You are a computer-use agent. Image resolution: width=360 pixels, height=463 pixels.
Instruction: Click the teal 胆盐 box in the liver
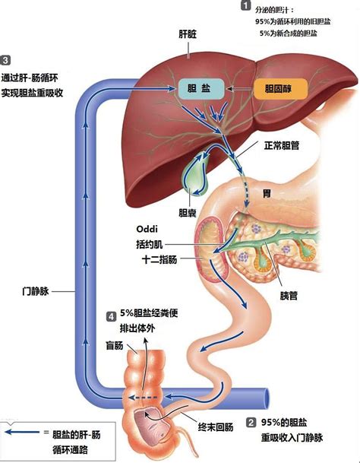tap(201, 89)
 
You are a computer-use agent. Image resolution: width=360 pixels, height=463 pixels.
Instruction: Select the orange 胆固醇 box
tap(280, 89)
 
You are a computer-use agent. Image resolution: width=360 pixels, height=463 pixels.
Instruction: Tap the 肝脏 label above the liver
tap(188, 34)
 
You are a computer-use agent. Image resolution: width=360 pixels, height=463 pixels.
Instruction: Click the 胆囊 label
tap(188, 213)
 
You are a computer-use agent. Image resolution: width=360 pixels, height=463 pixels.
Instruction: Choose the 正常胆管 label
tap(282, 145)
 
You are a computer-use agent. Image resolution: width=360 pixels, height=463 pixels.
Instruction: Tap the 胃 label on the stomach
tap(267, 194)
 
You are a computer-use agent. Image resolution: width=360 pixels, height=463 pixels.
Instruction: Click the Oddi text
tap(147, 229)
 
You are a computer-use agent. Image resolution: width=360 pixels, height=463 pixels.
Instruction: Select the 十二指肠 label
tap(159, 259)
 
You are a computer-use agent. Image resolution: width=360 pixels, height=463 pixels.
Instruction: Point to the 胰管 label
tap(289, 296)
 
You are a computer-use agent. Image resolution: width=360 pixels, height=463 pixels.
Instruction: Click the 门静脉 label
tap(36, 291)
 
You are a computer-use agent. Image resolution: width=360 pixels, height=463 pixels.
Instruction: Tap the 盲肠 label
tap(115, 345)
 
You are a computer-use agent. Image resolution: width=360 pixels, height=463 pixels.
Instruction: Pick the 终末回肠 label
tap(216, 427)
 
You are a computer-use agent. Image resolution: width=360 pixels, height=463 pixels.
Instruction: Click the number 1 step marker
tap(245, 5)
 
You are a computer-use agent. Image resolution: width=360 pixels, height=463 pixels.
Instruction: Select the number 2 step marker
tap(251, 423)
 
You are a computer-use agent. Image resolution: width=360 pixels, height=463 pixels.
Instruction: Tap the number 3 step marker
tap(5, 60)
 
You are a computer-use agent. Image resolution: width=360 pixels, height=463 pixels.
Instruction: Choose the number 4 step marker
tap(111, 317)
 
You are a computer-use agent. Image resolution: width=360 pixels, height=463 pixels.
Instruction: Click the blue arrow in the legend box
tap(22, 432)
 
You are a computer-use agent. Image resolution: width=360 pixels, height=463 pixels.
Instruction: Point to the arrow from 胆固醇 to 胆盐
tap(239, 89)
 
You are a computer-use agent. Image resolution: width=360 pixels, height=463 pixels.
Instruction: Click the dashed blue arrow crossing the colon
tap(143, 398)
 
